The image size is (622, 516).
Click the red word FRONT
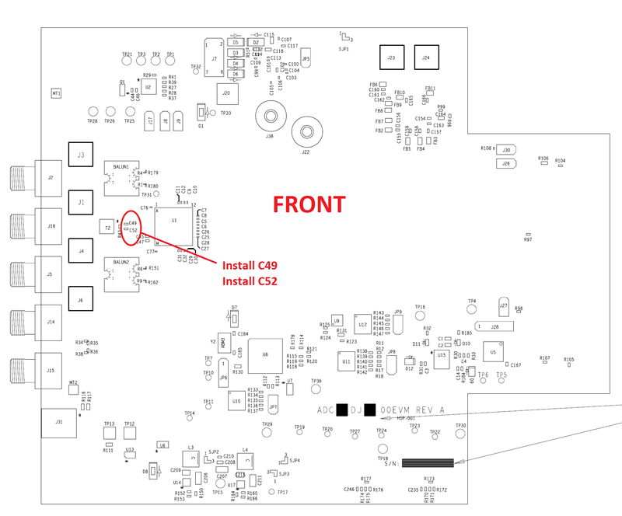[x=309, y=204]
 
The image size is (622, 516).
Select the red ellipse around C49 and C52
[x=131, y=227]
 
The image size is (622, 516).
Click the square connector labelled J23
[x=391, y=58]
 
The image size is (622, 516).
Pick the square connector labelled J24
[x=425, y=58]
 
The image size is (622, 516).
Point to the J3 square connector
[x=80, y=155]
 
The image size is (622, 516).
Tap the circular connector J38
[x=270, y=117]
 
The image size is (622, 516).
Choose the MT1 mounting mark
[x=56, y=93]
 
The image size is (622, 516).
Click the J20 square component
[x=225, y=94]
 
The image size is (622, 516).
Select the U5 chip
[x=492, y=352]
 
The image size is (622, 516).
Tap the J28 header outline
[x=495, y=326]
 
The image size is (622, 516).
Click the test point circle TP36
[x=316, y=391]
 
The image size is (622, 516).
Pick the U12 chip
[x=363, y=325]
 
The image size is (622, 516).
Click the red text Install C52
[x=250, y=281]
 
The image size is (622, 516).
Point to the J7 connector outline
[x=213, y=58]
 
